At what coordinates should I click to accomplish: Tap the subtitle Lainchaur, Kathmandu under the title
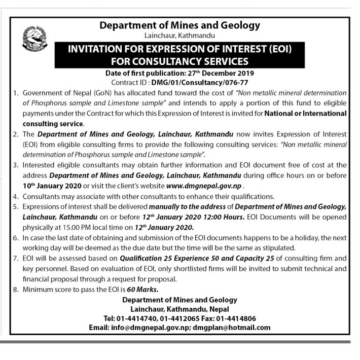179,35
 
